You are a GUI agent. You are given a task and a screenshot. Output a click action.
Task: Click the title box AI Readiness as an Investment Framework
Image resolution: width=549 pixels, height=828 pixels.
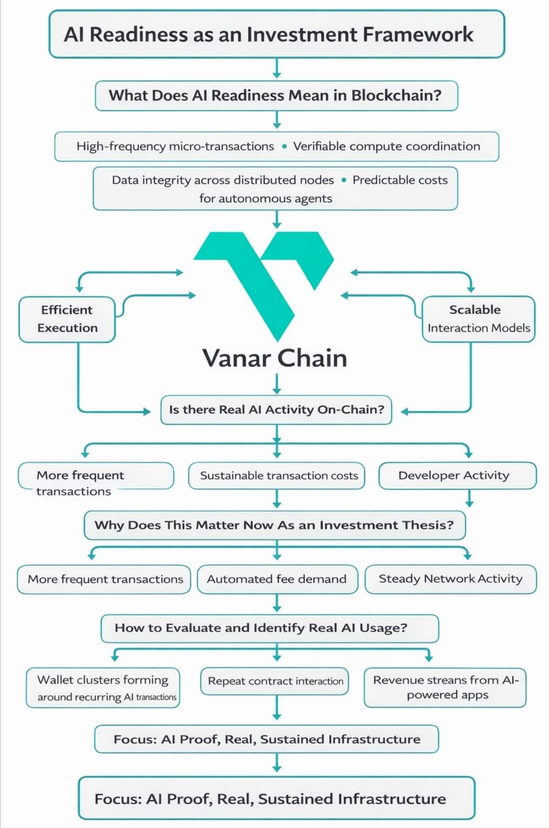tap(276, 34)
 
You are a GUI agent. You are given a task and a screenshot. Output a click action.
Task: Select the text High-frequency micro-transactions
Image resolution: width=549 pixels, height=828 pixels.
tap(175, 146)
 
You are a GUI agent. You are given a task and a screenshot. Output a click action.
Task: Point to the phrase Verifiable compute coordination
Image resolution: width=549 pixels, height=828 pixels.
tap(386, 146)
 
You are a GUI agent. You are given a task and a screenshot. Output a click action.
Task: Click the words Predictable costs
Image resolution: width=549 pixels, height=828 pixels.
tap(400, 180)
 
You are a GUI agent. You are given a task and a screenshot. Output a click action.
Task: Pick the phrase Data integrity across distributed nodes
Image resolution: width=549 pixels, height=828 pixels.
tap(223, 180)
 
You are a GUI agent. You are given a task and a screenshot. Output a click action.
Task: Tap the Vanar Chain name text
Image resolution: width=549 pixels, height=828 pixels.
tap(274, 358)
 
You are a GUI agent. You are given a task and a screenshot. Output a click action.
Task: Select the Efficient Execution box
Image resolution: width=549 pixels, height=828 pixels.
tap(68, 319)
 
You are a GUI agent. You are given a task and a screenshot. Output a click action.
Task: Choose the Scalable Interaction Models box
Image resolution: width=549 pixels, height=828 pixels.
tap(478, 319)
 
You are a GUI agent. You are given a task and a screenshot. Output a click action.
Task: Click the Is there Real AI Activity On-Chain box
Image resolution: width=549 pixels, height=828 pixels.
tap(276, 410)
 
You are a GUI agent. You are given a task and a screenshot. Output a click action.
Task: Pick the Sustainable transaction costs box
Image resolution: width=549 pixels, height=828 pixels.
tap(278, 476)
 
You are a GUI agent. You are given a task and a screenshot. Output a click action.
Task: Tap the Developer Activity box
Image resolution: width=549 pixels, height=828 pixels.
tap(457, 476)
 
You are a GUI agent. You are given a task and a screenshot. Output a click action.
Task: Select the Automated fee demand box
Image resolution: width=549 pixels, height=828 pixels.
tap(277, 579)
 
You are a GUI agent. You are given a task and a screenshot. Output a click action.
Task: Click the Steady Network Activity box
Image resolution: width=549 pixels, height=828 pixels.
tap(451, 579)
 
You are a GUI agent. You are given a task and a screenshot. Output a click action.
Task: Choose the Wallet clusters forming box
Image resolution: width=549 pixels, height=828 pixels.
tap(103, 688)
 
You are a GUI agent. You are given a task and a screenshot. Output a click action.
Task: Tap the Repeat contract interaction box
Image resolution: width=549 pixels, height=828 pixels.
tap(275, 681)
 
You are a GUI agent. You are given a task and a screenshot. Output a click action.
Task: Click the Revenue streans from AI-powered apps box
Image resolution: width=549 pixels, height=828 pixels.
tap(445, 687)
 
